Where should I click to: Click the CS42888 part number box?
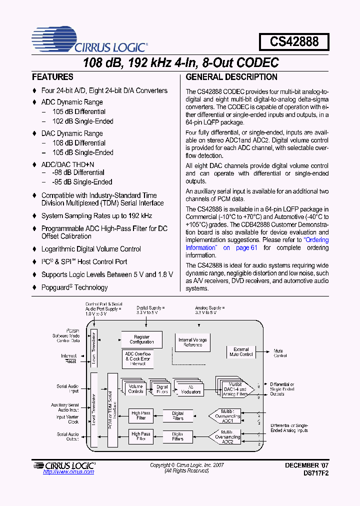tap(294, 41)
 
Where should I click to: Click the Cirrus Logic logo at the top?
tap(89, 41)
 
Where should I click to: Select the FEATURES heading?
tap(52, 77)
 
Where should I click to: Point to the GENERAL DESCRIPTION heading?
tap(231, 77)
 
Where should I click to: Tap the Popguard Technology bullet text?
tap(74, 287)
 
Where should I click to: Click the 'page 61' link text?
tap(246, 247)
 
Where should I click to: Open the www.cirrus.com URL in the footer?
tap(68, 471)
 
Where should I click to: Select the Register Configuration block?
tap(142, 339)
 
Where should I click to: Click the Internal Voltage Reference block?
tap(192, 342)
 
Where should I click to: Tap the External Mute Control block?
tap(241, 352)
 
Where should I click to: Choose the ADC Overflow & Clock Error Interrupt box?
tap(138, 358)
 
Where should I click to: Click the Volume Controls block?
tap(136, 389)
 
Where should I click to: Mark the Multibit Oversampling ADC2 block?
tap(227, 436)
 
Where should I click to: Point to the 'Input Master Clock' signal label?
tap(67, 419)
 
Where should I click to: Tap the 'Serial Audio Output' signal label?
tap(68, 437)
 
